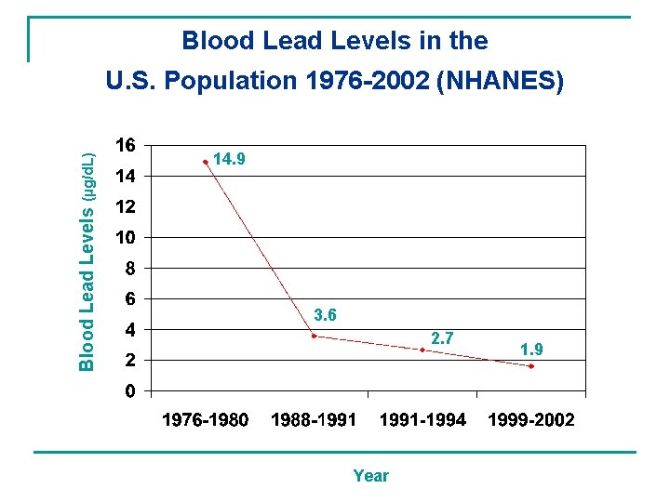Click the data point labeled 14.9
(x=206, y=162)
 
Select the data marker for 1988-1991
(x=314, y=336)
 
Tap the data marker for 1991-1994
(x=422, y=350)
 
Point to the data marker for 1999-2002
(x=531, y=366)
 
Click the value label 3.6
(x=325, y=316)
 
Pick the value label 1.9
(x=532, y=350)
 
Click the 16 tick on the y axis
(x=125, y=145)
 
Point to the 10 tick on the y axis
(x=125, y=237)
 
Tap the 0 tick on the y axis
(x=130, y=390)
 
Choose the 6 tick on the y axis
(x=130, y=298)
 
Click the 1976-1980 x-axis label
(x=206, y=420)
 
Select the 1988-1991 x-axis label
(x=314, y=420)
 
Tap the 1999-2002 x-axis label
(x=531, y=420)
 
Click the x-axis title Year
(x=370, y=476)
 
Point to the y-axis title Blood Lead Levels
(x=87, y=289)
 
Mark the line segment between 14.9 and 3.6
(x=260, y=248)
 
